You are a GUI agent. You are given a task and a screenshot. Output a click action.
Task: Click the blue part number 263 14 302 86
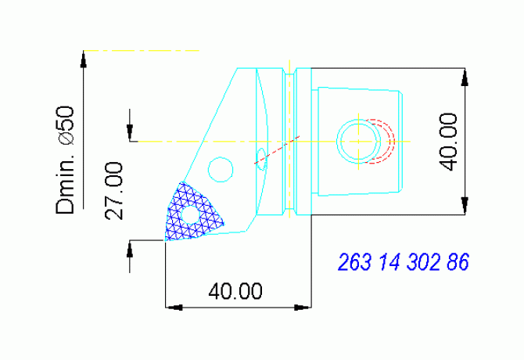coord(403,262)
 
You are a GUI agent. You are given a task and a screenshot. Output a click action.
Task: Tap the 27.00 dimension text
coord(113,191)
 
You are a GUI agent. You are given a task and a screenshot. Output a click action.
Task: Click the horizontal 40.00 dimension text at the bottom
coord(235,291)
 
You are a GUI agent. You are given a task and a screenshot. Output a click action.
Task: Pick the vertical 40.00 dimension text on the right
coord(447,141)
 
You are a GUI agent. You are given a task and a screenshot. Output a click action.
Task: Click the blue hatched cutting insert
coord(192,213)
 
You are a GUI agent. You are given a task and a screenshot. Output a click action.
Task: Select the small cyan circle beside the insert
coord(221,168)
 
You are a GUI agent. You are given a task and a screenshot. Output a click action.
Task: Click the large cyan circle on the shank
coord(358,141)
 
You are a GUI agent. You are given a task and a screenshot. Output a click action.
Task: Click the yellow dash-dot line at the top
coord(141,50)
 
